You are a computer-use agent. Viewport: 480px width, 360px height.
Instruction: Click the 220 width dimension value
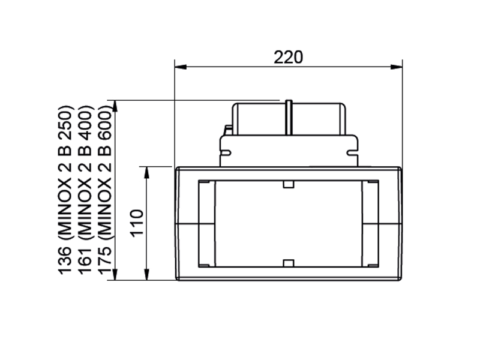(288, 57)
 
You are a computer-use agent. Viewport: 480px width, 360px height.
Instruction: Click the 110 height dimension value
(137, 223)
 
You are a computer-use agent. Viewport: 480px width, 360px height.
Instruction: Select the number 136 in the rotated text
(65, 260)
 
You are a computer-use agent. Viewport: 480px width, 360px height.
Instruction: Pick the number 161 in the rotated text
(85, 260)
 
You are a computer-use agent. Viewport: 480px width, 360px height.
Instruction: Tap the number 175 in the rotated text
(104, 260)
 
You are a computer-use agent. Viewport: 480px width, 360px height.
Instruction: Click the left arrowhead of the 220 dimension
(181, 67)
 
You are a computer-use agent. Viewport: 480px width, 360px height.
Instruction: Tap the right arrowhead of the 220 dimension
(397, 67)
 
